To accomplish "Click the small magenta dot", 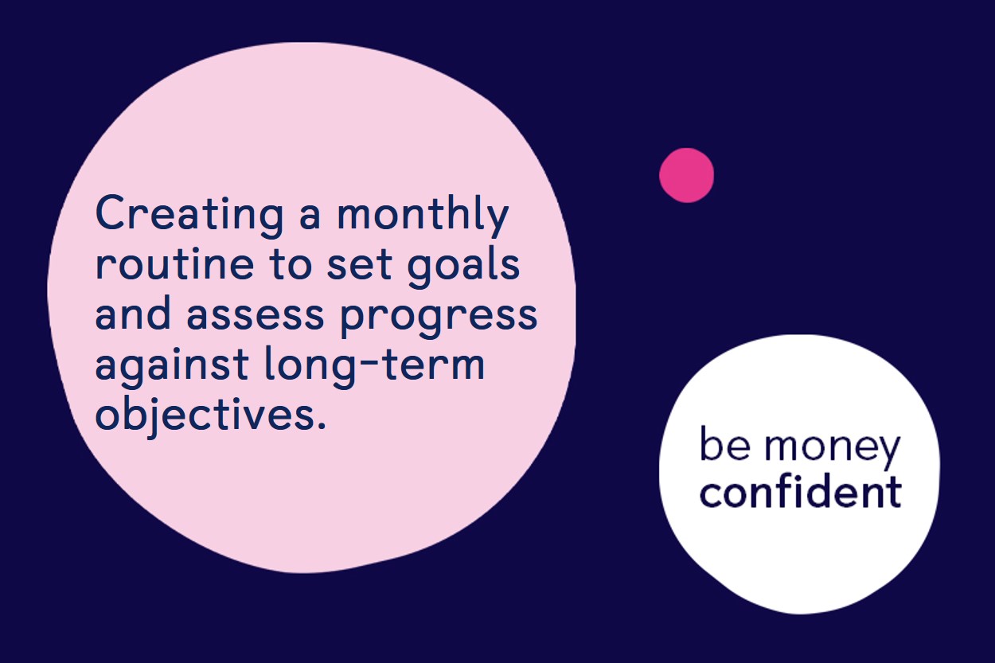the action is [686, 175].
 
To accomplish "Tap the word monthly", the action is [423, 213].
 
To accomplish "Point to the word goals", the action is [463, 266].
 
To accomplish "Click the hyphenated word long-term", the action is [374, 365].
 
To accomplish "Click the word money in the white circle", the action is [832, 448].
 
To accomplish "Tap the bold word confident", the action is [800, 491].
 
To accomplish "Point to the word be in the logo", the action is [725, 443].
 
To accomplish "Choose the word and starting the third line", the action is [133, 312].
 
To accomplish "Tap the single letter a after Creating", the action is [310, 216].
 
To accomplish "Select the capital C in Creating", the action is [109, 213].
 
